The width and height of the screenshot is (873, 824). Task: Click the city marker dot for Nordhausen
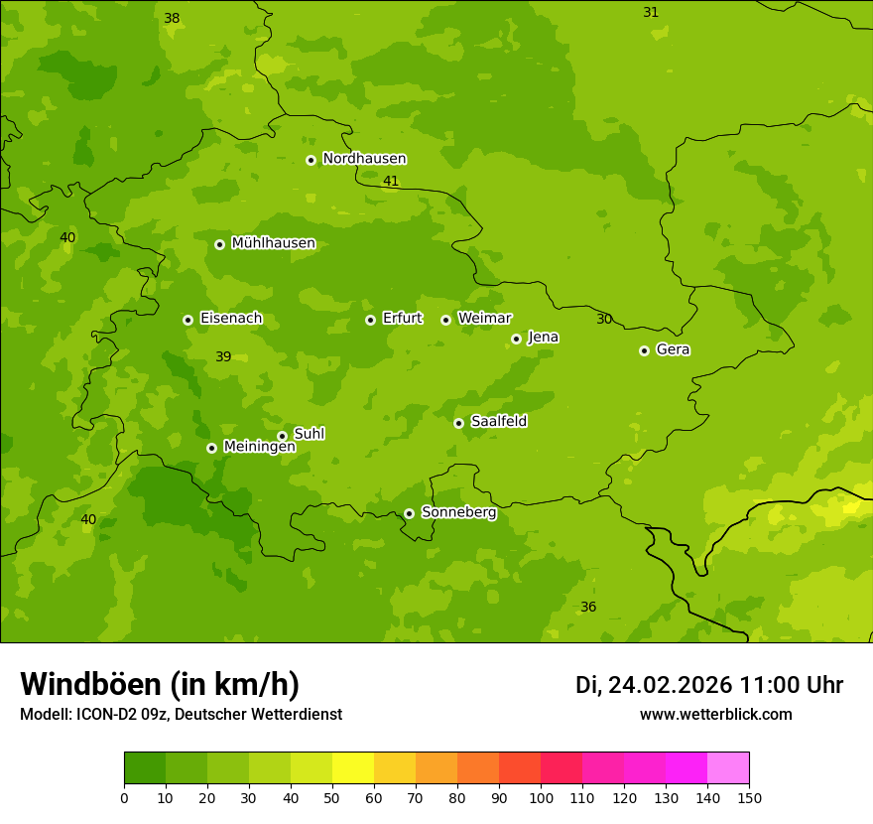[x=311, y=160]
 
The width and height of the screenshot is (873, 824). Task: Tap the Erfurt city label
[x=402, y=319]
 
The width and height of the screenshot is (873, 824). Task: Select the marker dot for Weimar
[x=445, y=320]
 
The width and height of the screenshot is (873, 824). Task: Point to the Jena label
[x=543, y=338]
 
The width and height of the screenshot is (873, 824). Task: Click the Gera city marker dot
[x=644, y=350]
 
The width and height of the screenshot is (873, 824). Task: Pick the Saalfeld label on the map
[x=498, y=422]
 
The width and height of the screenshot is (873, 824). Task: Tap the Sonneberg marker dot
[x=409, y=513]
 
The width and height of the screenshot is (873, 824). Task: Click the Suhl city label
[x=309, y=434]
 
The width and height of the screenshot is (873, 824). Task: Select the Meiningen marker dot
[x=211, y=448]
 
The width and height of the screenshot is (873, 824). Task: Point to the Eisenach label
[x=230, y=319]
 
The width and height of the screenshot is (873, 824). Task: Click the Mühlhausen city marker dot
[x=219, y=244]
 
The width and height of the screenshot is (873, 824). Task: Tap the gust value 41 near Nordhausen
[x=391, y=181]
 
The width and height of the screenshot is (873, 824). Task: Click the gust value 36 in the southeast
[x=588, y=607]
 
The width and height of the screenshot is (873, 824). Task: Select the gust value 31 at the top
[x=651, y=12]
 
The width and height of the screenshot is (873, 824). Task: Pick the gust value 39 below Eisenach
[x=223, y=356]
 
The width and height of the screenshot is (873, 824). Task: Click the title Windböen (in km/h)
[x=160, y=684]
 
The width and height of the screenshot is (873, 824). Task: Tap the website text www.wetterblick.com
[x=715, y=715]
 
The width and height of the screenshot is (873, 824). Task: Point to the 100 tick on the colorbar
[x=541, y=797]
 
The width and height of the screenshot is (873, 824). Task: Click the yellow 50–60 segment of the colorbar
[x=353, y=768]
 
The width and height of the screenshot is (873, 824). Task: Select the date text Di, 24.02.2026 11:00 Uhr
[x=709, y=685]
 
